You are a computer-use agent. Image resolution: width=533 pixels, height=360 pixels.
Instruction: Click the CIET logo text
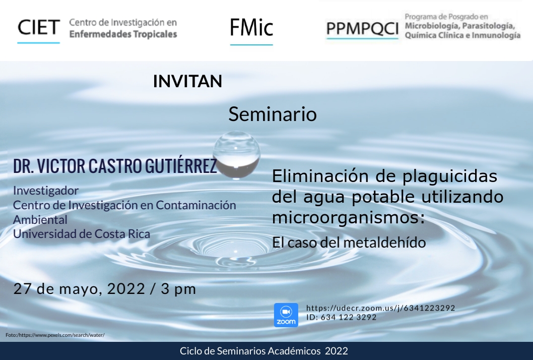(39, 28)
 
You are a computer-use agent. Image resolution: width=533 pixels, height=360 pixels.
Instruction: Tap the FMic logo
(251, 28)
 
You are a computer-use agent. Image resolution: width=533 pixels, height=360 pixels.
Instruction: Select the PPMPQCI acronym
(362, 29)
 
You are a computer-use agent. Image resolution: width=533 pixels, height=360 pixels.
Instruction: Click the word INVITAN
(187, 81)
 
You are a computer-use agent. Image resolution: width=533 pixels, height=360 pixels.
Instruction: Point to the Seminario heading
(273, 114)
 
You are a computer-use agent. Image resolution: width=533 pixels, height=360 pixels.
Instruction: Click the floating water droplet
(237, 155)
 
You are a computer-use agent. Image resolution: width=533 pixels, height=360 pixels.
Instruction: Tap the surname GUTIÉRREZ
(181, 166)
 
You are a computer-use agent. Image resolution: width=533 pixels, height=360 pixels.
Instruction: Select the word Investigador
(46, 191)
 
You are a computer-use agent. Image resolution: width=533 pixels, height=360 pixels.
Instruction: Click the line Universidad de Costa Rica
(82, 234)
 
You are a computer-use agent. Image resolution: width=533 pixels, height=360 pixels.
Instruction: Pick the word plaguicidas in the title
(450, 176)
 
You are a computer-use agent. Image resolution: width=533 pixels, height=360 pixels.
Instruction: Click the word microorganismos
(349, 217)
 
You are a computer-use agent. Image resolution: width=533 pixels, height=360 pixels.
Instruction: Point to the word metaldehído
(384, 243)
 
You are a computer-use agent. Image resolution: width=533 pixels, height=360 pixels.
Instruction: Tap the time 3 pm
(178, 289)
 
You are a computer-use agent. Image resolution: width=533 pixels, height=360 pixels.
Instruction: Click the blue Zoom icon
(286, 315)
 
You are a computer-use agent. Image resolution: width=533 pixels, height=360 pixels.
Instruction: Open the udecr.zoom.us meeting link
(381, 308)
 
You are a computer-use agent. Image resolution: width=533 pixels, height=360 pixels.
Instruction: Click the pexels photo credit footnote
(55, 335)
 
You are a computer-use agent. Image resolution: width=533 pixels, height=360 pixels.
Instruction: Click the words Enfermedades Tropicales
(123, 34)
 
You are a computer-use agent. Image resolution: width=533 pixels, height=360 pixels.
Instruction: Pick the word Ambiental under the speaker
(40, 219)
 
